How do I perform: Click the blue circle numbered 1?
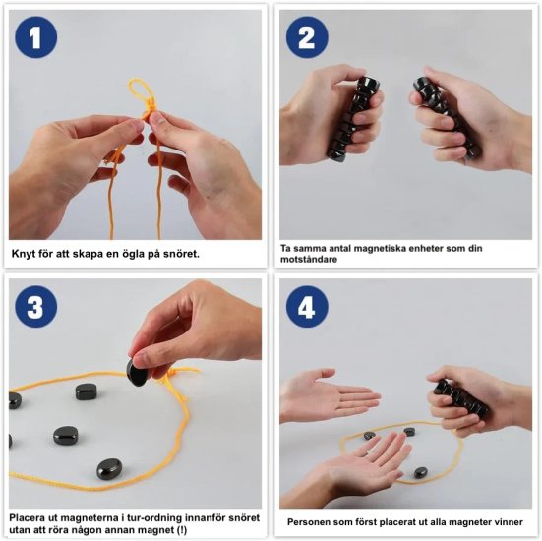36,37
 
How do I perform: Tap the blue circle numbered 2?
307,37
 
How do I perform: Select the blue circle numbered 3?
36,307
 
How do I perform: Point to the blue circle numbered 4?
307,307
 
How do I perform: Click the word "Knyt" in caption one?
23,254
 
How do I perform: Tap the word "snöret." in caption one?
181,254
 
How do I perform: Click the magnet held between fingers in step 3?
138,372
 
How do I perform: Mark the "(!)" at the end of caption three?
181,530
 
